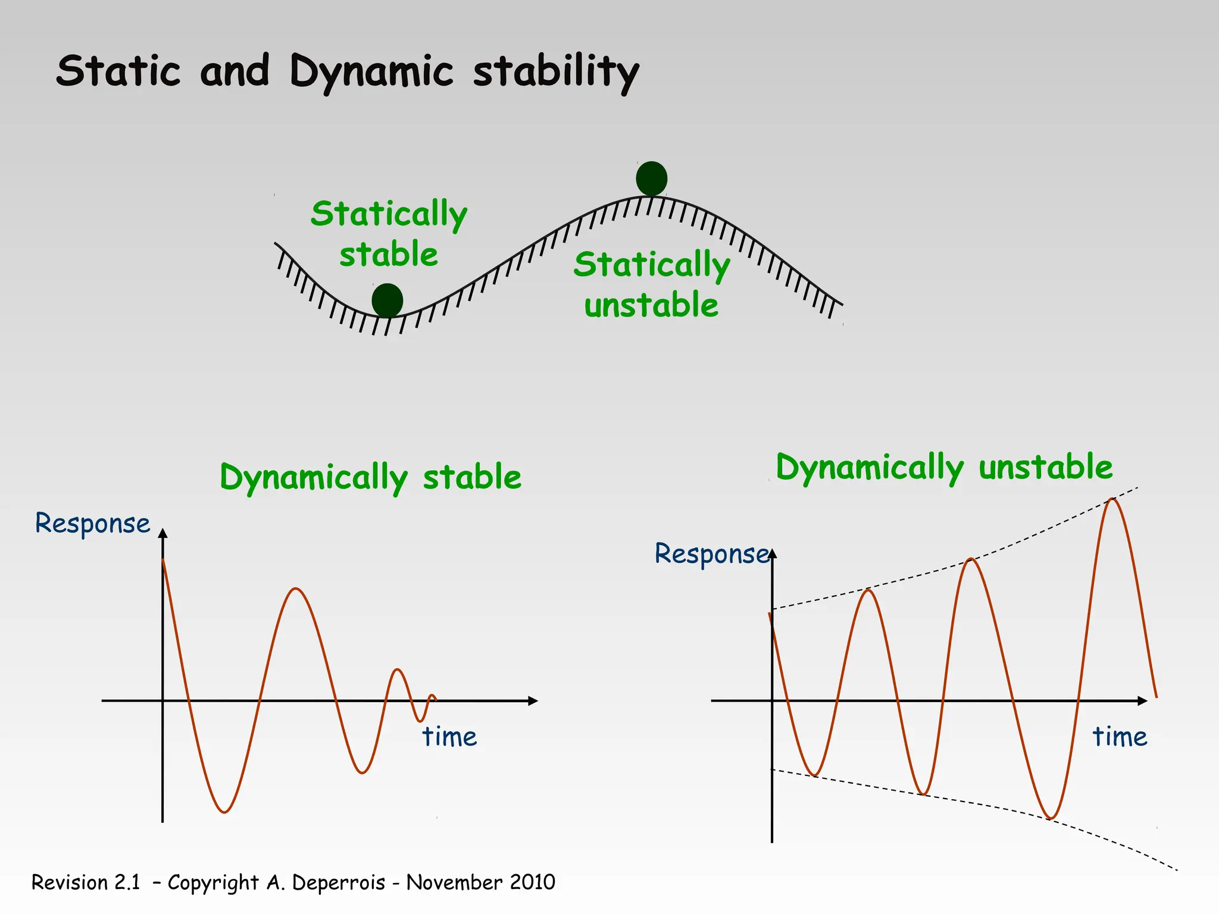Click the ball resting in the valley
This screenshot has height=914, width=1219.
click(387, 300)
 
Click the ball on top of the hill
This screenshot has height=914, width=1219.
click(651, 179)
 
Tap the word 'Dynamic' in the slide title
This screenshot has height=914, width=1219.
click(371, 71)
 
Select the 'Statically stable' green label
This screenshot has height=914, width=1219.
click(389, 233)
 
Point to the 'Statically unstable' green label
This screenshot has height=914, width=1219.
click(651, 284)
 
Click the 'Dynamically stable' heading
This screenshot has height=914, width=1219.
click(370, 477)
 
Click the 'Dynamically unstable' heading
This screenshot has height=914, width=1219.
click(944, 467)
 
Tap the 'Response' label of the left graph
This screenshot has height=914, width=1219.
click(92, 524)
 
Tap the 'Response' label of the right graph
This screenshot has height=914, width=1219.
click(711, 554)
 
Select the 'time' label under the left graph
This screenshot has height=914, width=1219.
click(449, 737)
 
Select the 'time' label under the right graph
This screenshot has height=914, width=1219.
click(1120, 737)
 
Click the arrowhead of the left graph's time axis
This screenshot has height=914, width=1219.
click(533, 701)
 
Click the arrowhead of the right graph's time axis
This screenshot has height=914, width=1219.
click(1142, 701)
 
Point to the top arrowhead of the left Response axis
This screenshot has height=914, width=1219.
click(163, 533)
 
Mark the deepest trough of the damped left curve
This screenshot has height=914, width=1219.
click(224, 812)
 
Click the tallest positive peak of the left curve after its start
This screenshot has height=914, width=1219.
click(296, 589)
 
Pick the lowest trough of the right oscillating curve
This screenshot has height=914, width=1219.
click(1051, 818)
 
